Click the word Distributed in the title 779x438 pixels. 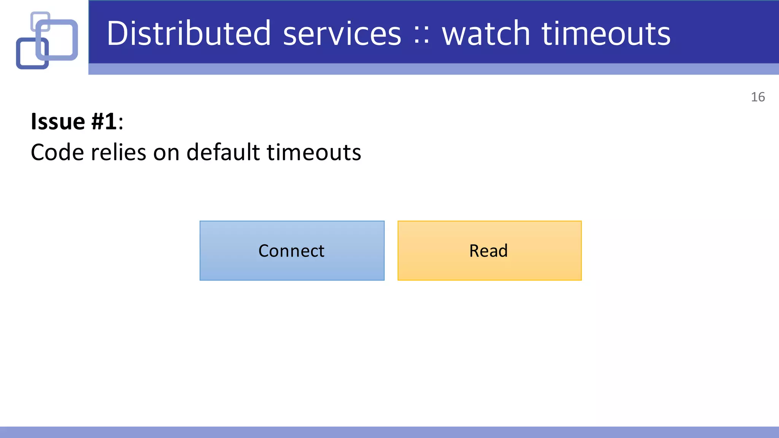click(189, 33)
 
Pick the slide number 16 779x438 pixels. click(758, 97)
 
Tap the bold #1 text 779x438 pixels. click(104, 122)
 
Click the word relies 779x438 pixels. click(118, 152)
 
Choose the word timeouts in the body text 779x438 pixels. click(314, 152)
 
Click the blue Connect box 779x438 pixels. click(292, 251)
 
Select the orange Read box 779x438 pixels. click(489, 251)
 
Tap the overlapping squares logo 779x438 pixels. click(47, 40)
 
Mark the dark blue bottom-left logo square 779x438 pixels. click(24, 61)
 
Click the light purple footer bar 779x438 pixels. click(389, 432)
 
